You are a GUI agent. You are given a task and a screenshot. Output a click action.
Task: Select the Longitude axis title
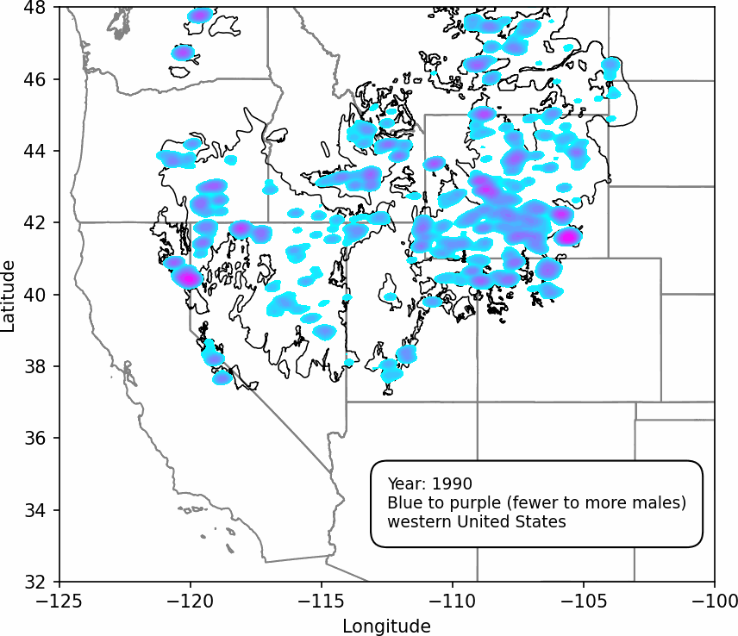click(386, 625)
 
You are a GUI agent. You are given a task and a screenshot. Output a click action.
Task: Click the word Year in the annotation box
click(403, 483)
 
